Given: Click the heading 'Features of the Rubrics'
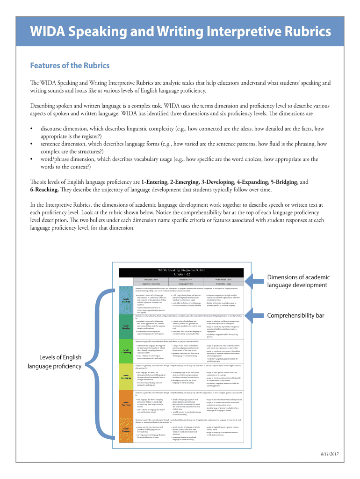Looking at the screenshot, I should [70, 65].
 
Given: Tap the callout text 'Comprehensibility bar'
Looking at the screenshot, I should [295, 315].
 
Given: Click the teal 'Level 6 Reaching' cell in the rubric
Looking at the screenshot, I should [126, 300].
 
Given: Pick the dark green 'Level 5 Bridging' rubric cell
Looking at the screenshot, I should [126, 327].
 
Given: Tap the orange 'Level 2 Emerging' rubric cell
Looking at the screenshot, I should [126, 403].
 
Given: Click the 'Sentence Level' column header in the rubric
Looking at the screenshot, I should [181, 279].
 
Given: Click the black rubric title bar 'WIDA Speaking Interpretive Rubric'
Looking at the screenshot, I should [181, 271].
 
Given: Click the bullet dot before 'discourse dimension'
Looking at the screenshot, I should [31, 128].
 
